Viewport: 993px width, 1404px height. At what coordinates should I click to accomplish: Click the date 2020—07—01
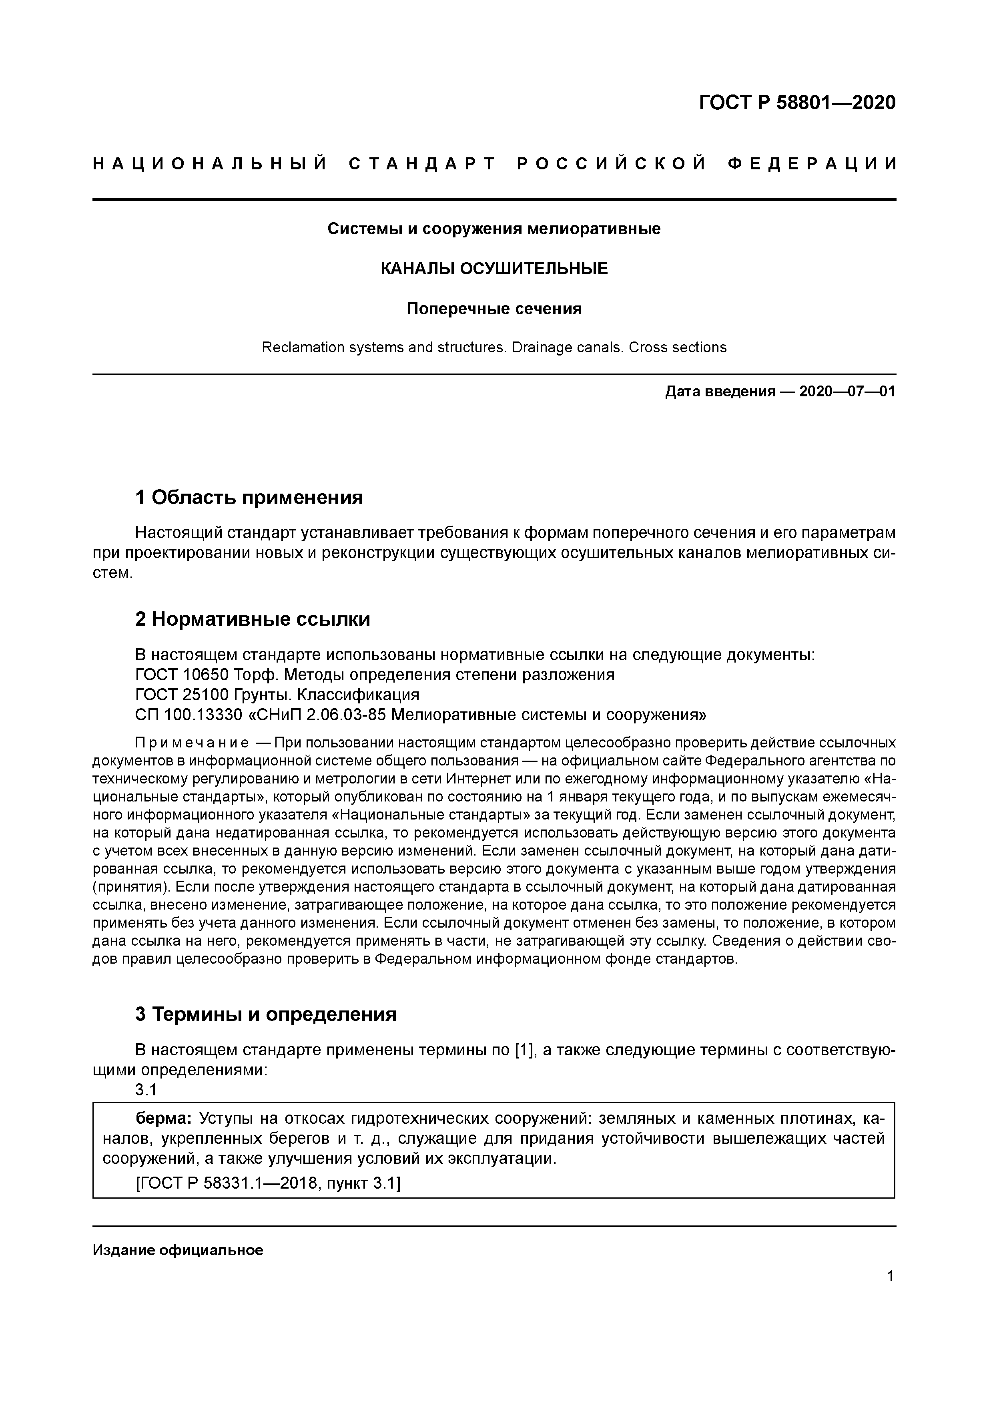coord(847,392)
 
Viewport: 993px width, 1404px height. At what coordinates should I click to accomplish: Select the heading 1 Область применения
coord(249,497)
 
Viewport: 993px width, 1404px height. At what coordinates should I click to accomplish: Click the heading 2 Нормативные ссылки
coord(253,619)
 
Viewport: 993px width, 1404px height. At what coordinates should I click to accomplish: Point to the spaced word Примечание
coord(191,743)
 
